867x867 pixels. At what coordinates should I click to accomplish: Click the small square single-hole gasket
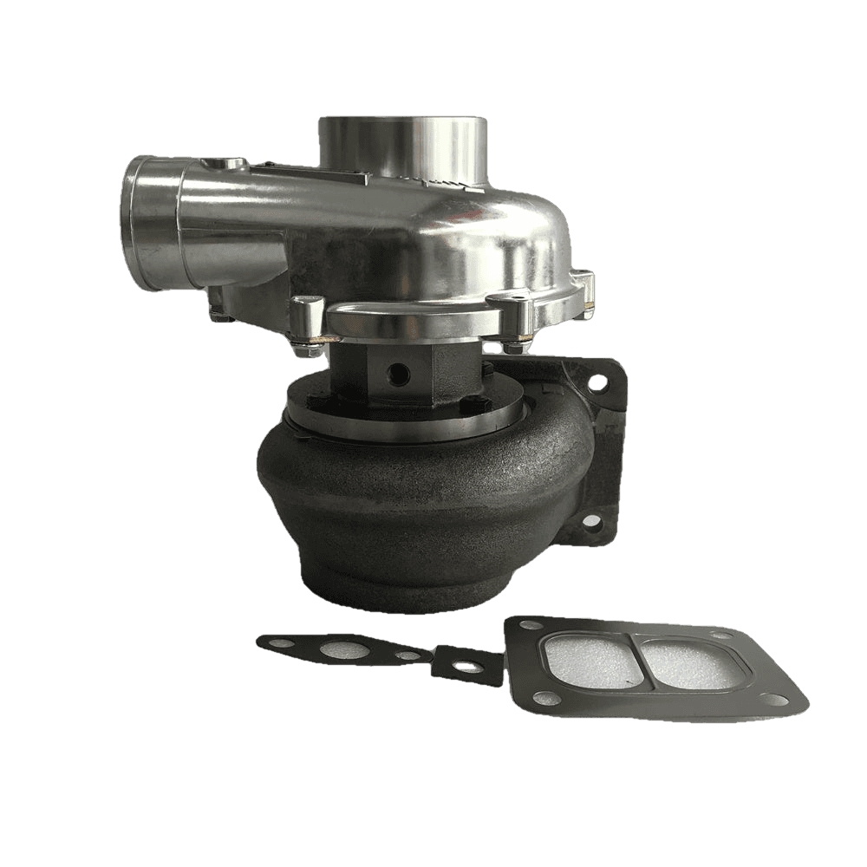point(468,666)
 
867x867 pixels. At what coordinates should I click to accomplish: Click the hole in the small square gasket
point(468,666)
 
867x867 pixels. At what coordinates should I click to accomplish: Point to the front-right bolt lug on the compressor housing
point(512,312)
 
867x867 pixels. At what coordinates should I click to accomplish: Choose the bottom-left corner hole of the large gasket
point(540,697)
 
